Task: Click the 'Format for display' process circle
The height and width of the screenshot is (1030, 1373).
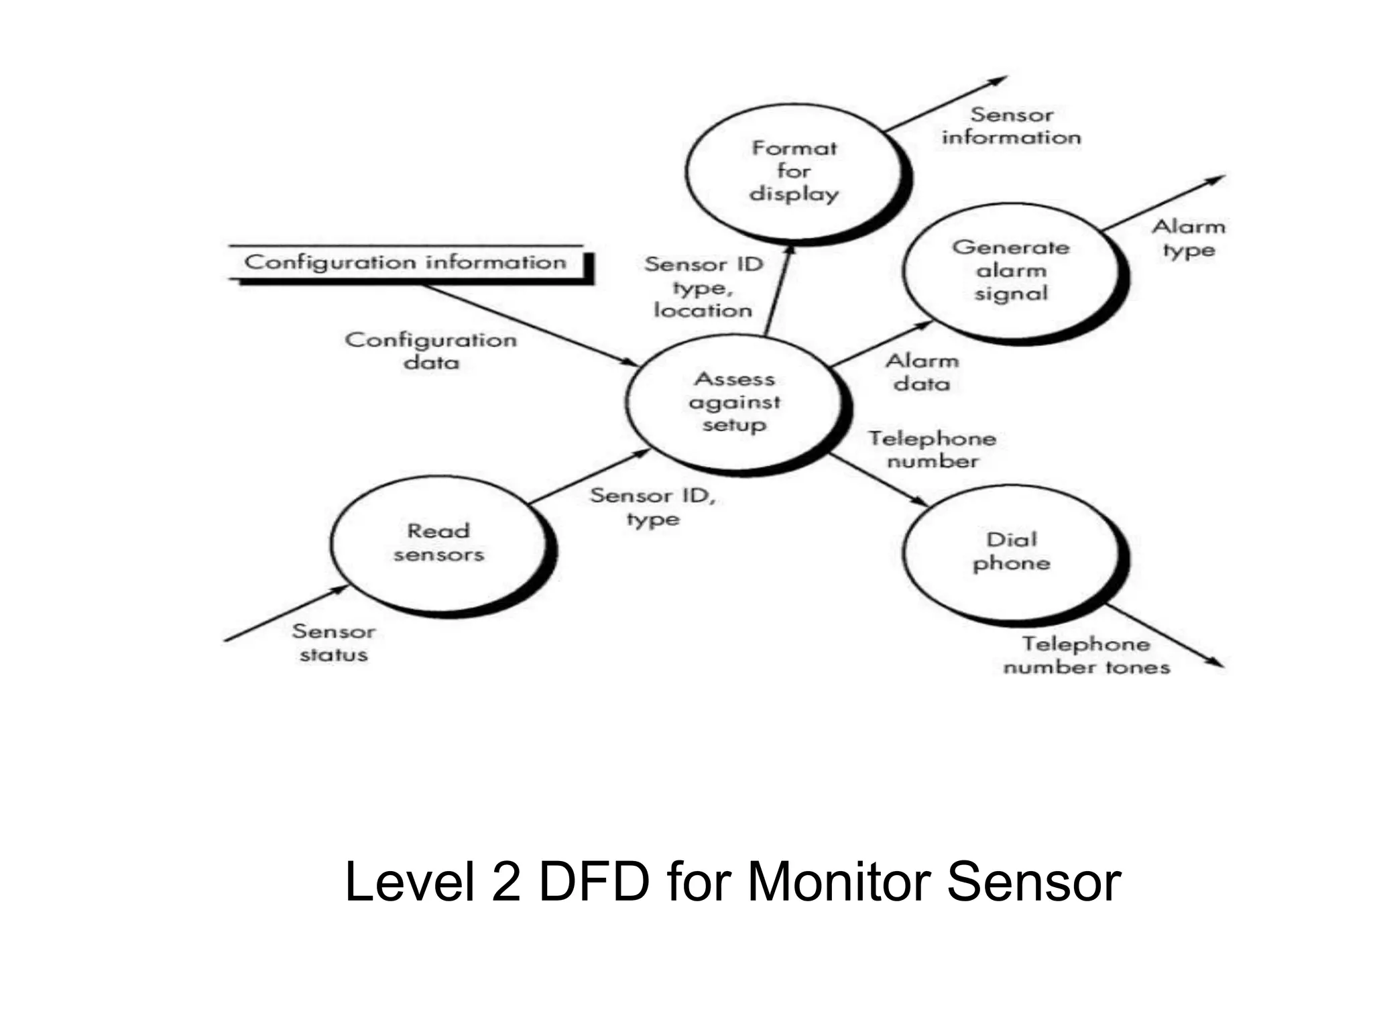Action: pyautogui.click(x=794, y=172)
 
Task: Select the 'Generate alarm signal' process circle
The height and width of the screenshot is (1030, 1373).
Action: pyautogui.click(x=1011, y=271)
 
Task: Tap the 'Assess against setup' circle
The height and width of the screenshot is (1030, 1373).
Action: pyautogui.click(x=734, y=402)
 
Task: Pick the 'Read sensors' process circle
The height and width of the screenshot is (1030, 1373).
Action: pyautogui.click(x=438, y=543)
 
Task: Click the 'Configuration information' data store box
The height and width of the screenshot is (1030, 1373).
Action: pyautogui.click(x=406, y=262)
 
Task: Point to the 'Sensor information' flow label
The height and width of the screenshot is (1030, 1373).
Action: pyautogui.click(x=1011, y=126)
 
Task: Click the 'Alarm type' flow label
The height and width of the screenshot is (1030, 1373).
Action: pyautogui.click(x=1189, y=239)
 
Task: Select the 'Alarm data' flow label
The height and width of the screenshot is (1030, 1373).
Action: pyautogui.click(x=922, y=373)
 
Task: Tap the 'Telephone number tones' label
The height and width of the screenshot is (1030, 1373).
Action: pyautogui.click(x=1086, y=656)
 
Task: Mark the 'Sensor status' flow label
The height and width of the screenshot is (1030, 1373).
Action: pyautogui.click(x=334, y=643)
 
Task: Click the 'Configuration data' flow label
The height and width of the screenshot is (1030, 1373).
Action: pyautogui.click(x=431, y=351)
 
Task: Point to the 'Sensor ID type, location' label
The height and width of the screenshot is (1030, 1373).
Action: pyautogui.click(x=703, y=288)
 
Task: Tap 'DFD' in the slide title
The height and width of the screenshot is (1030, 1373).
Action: pyautogui.click(x=593, y=881)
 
